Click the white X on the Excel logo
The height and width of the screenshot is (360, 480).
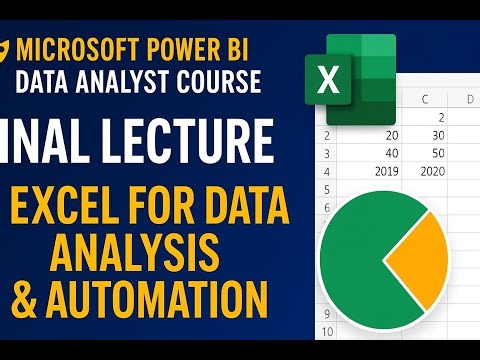pyautogui.click(x=327, y=79)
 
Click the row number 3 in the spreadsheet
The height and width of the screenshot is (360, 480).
pyautogui.click(x=326, y=153)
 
